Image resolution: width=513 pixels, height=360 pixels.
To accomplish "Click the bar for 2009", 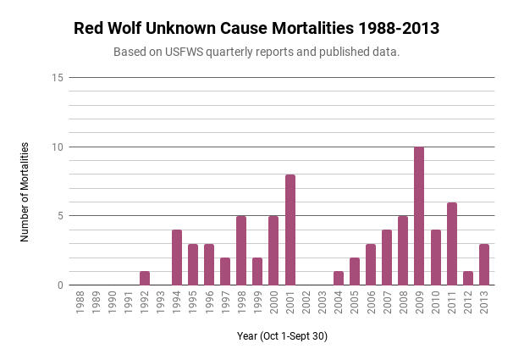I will tap(419, 216).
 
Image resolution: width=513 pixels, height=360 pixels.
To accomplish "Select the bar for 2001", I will tap(290, 230).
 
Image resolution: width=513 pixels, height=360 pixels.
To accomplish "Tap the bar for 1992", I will tap(145, 278).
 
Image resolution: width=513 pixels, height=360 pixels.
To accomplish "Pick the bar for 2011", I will tap(451, 244).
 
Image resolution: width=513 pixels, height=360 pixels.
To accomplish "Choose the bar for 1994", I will tap(177, 258).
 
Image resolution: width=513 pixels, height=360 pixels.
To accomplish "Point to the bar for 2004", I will tap(339, 278).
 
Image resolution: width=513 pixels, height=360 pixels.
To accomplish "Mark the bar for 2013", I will tap(483, 264).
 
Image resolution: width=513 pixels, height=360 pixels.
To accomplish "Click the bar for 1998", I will tap(241, 251).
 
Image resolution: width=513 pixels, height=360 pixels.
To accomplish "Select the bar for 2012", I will tap(467, 278).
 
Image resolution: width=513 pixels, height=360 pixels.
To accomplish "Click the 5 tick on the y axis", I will tap(60, 216).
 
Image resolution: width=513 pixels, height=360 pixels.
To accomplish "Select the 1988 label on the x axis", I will tap(80, 303).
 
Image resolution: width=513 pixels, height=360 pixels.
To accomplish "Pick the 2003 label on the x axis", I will tap(323, 303).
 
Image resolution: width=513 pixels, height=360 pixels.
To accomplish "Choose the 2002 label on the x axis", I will tap(306, 303).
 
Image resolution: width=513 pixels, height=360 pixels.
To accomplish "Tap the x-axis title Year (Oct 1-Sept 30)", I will tap(282, 336).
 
